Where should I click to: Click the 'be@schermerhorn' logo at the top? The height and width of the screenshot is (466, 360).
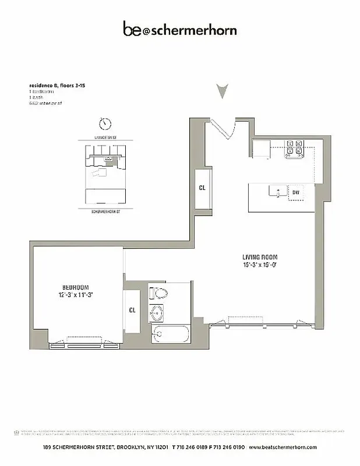179,29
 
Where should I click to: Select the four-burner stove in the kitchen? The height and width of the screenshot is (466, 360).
294,150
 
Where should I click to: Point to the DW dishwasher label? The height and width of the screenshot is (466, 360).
296,192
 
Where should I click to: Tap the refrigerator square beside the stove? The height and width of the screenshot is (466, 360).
259,149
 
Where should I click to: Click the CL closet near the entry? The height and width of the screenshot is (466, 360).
202,188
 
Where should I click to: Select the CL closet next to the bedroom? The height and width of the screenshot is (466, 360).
132,310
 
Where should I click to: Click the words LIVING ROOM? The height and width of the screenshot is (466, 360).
260,257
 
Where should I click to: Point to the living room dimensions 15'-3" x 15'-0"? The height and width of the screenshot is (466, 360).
260,265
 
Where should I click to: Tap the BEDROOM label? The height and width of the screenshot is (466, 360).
76,287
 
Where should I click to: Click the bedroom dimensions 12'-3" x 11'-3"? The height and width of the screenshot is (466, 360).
76,295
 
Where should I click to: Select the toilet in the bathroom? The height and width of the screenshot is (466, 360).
158,292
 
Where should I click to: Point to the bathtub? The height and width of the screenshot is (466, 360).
170,336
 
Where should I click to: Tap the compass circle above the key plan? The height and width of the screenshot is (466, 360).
105,123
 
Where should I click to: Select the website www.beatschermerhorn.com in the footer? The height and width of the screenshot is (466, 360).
283,447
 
